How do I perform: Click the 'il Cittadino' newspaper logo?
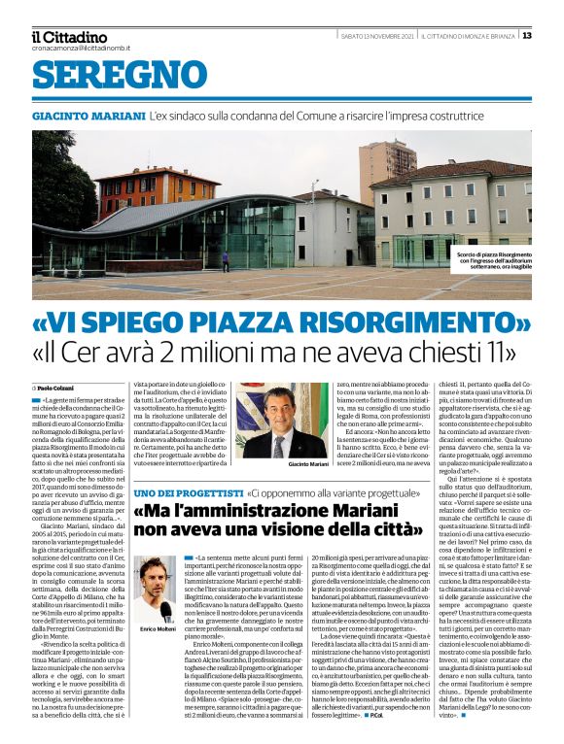tap(69, 37)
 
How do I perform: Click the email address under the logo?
tap(81, 48)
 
